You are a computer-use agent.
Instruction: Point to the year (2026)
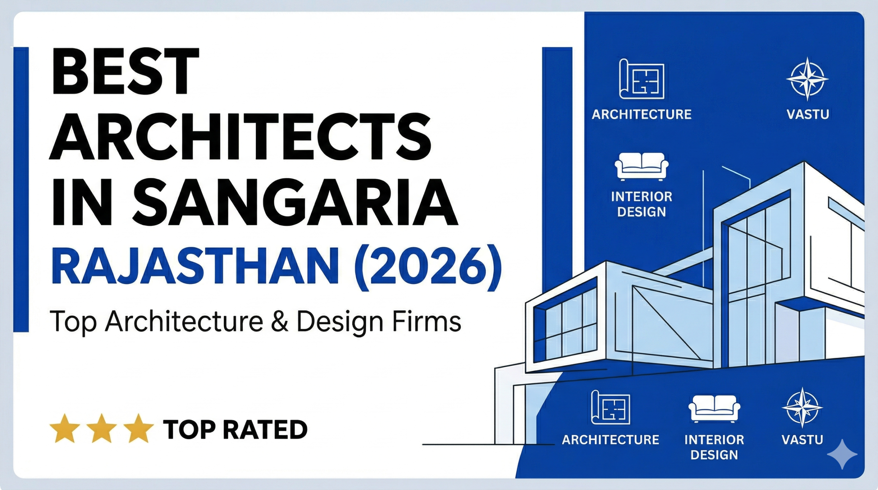click(427, 268)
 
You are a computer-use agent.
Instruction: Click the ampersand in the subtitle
click(280, 322)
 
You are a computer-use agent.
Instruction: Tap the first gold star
click(64, 429)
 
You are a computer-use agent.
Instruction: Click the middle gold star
click(102, 429)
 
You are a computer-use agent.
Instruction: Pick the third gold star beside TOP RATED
click(138, 429)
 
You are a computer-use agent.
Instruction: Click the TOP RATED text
click(235, 429)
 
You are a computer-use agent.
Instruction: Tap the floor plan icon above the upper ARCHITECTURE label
click(641, 79)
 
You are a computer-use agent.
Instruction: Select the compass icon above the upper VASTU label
click(807, 79)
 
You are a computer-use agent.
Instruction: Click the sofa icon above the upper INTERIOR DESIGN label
click(641, 166)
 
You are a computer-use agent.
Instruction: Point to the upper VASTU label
click(808, 114)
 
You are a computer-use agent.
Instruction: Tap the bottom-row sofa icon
click(714, 408)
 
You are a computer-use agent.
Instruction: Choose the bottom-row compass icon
click(802, 408)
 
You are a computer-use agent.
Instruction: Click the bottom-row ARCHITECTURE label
click(610, 440)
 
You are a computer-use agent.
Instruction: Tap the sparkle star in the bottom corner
click(842, 454)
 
